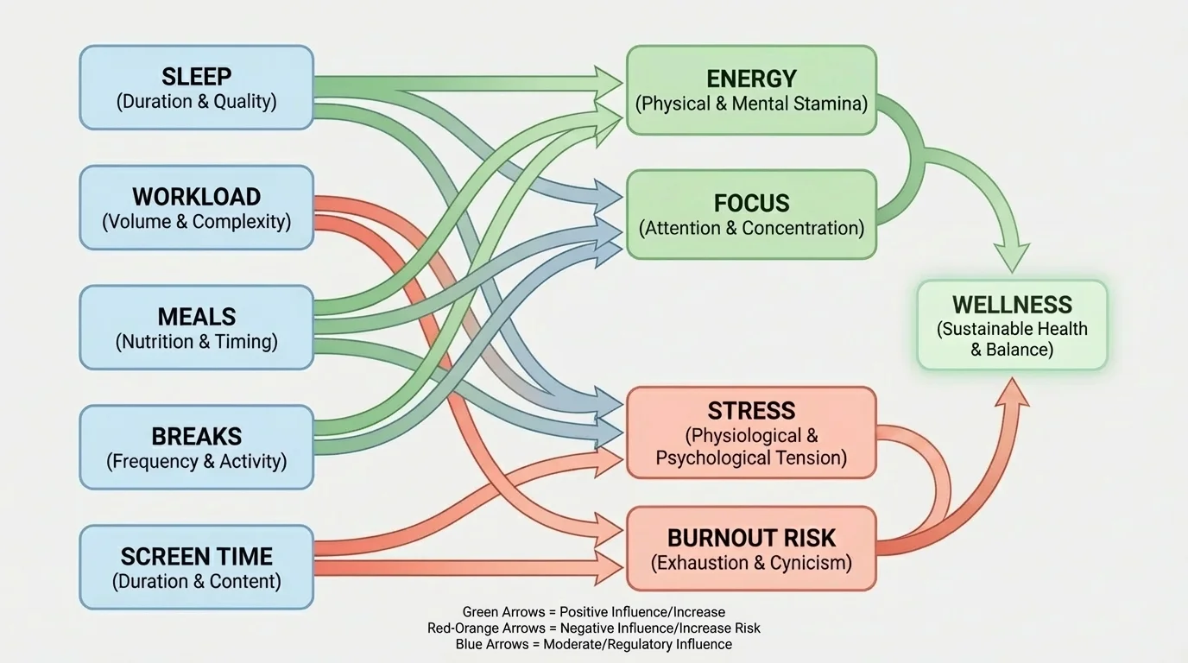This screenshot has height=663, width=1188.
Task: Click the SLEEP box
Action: coord(196,87)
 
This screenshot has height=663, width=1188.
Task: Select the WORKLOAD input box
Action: coord(196,207)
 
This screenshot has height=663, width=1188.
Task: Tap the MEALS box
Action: coord(196,327)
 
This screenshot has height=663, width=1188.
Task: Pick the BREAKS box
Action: coord(196,447)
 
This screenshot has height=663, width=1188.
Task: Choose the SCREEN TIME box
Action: coord(196,567)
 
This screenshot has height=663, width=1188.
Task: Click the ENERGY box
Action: coord(751,90)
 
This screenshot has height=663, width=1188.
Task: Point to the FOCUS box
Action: coord(751,214)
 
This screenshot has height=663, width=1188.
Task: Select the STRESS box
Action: coord(751,433)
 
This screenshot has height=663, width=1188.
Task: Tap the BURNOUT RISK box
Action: coord(751,549)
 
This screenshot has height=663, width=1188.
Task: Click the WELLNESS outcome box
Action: coord(1012,325)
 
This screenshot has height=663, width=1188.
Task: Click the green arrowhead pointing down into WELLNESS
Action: coord(1012,257)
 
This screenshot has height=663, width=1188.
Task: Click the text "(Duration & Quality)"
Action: coord(196,101)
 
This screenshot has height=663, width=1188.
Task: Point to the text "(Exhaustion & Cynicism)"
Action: coord(751,564)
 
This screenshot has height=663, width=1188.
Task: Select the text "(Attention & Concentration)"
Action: coord(751,229)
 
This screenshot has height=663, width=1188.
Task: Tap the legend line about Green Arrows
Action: coord(593,612)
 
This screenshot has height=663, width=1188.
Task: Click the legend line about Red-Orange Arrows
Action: coord(593,628)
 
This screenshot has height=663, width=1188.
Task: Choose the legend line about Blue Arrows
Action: coord(593,645)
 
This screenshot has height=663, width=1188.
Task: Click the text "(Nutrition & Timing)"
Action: coord(196,342)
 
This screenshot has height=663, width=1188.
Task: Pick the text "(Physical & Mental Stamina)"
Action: coord(751,104)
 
